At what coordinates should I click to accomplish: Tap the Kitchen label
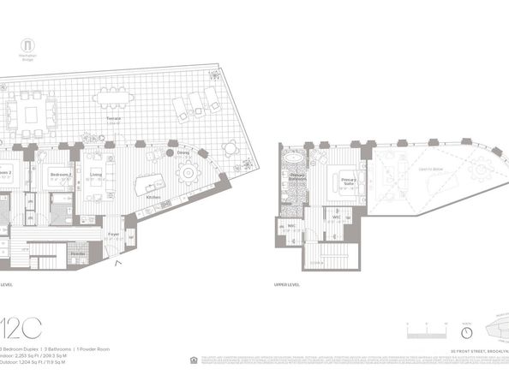[153, 197]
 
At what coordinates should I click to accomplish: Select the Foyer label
[113, 232]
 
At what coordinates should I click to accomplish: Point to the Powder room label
[77, 254]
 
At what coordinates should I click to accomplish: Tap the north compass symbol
[467, 332]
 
